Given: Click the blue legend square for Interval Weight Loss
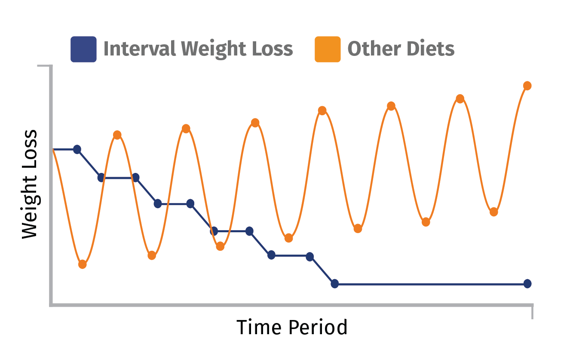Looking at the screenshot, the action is [x=83, y=49].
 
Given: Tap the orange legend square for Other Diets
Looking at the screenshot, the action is [x=328, y=49].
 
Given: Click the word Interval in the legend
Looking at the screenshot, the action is [x=140, y=48].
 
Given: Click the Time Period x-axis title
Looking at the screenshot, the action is [x=292, y=327].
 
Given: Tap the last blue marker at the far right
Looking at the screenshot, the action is [x=527, y=283].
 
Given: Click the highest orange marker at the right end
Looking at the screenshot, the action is [x=527, y=86].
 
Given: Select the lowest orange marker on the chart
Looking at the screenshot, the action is [x=83, y=264].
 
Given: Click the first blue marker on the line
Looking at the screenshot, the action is [x=77, y=149].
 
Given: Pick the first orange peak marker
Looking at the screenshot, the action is [x=117, y=135].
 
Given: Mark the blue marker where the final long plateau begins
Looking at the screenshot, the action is [x=334, y=283].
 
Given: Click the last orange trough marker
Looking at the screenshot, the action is [x=494, y=212].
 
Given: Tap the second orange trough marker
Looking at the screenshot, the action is [x=152, y=255].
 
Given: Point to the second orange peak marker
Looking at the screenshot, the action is [x=186, y=129].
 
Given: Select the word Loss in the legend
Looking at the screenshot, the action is [x=273, y=48].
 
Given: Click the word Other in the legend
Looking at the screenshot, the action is [x=374, y=48].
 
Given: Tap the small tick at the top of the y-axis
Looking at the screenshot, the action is [x=44, y=66].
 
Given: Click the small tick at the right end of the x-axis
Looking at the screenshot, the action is [x=532, y=312].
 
